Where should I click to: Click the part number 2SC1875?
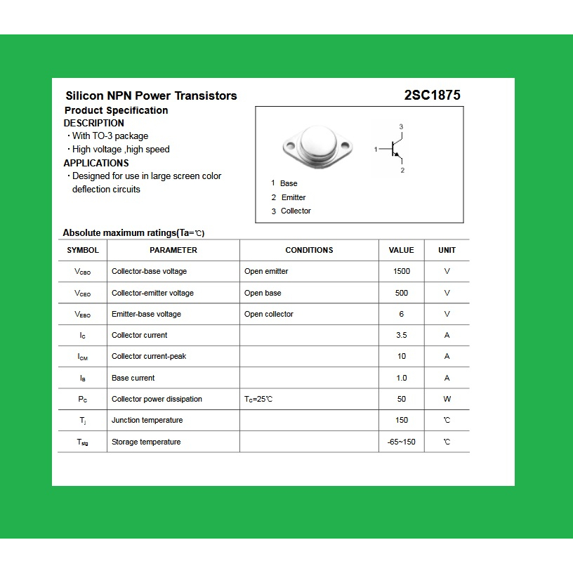click(x=432, y=95)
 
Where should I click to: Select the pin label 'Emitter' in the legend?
click(x=294, y=197)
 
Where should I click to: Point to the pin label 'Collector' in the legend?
click(x=296, y=211)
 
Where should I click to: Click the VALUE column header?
click(x=401, y=250)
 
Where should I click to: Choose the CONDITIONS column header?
click(x=309, y=250)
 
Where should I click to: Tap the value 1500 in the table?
click(x=402, y=271)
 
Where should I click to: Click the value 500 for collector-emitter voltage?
click(x=402, y=293)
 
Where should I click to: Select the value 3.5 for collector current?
click(x=402, y=335)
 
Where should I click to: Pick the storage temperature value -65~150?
click(x=402, y=442)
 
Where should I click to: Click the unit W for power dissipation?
click(x=447, y=399)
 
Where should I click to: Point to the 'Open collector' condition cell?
click(x=269, y=314)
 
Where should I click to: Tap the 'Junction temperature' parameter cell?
click(x=147, y=420)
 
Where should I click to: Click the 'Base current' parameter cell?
click(x=133, y=378)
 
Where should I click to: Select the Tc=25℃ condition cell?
click(x=258, y=399)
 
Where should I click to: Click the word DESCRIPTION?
click(x=93, y=123)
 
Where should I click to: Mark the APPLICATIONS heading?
click(x=96, y=163)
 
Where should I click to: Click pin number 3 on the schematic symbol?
click(x=401, y=126)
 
